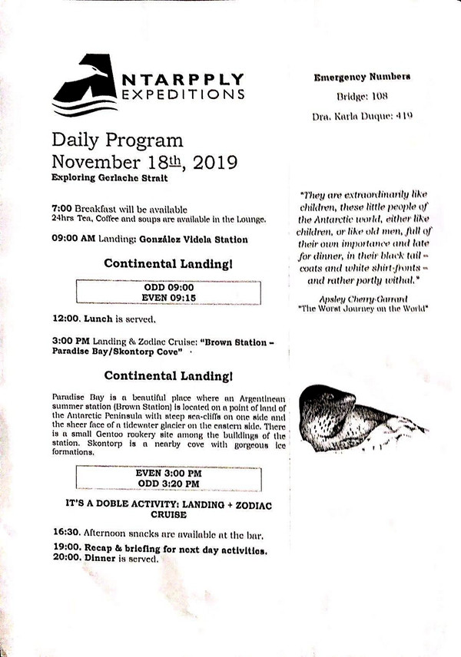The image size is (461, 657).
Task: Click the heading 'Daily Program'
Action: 118,140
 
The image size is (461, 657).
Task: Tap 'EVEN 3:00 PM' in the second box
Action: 168,474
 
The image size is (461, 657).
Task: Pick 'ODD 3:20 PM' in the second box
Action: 168,484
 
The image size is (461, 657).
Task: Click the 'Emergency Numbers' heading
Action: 362,77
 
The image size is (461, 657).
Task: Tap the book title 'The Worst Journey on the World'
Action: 363,309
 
